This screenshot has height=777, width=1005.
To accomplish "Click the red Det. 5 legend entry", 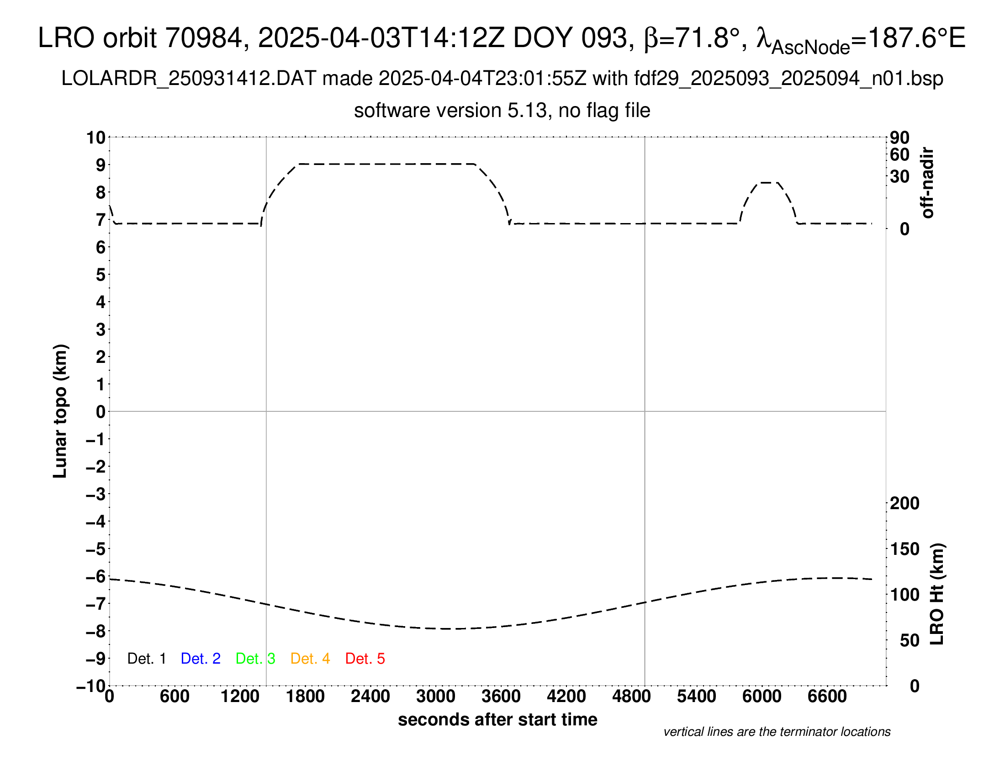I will [365, 659].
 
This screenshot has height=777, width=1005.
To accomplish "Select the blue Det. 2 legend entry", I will [201, 659].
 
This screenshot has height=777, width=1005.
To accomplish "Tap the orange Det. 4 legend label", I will [310, 659].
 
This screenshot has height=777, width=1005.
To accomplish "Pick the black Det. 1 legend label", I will [146, 659].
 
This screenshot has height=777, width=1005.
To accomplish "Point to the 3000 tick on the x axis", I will [435, 696].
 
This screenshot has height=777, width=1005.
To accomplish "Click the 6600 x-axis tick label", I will [827, 696].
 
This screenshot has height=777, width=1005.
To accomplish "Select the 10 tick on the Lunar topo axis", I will [96, 137].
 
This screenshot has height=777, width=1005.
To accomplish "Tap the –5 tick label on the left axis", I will [96, 549].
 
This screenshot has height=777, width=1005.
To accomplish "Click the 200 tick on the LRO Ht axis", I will [904, 503].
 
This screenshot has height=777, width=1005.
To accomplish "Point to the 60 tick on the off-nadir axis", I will [899, 154].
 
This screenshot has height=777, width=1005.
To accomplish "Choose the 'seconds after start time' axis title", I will [497, 719].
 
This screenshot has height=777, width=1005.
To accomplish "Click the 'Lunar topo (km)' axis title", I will [60, 411].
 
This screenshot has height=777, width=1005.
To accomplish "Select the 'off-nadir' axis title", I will [927, 183].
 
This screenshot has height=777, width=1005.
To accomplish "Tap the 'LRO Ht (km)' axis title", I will [937, 594].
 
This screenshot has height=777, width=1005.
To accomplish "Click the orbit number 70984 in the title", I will [203, 38].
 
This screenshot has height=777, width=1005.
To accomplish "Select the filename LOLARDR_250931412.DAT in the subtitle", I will [189, 79].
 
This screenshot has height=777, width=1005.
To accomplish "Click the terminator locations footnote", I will [777, 732].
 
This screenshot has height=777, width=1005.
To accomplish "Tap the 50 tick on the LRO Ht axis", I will [909, 640].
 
